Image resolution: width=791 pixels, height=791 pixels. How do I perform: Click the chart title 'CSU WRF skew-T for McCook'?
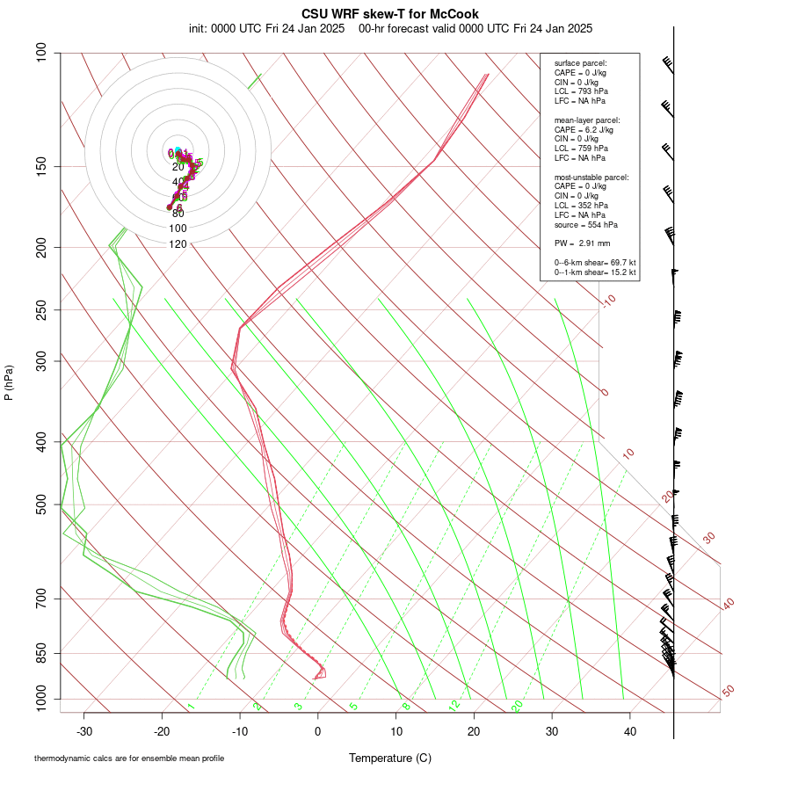[389, 14]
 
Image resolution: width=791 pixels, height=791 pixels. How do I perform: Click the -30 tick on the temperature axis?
[84, 731]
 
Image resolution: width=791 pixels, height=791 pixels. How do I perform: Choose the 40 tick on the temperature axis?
[629, 731]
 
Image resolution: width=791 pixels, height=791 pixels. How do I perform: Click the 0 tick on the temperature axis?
[318, 731]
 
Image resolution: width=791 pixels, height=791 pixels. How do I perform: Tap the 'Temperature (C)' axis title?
[389, 758]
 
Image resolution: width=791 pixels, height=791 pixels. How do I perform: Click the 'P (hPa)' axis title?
[9, 383]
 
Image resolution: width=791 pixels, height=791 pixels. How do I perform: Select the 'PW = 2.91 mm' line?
[582, 243]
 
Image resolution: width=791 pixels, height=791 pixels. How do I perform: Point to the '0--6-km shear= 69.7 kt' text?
[595, 262]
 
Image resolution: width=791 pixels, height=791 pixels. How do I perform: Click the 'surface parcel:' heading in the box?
[580, 63]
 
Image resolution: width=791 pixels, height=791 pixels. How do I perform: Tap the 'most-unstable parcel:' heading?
[591, 178]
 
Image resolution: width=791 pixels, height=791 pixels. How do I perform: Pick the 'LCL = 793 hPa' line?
[581, 91]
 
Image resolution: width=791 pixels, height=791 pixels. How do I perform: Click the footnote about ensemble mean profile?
[129, 758]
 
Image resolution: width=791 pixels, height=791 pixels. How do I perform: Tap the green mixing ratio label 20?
[517, 706]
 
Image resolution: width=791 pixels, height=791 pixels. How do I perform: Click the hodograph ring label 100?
[178, 229]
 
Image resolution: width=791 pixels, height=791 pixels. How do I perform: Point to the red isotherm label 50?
[728, 692]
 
